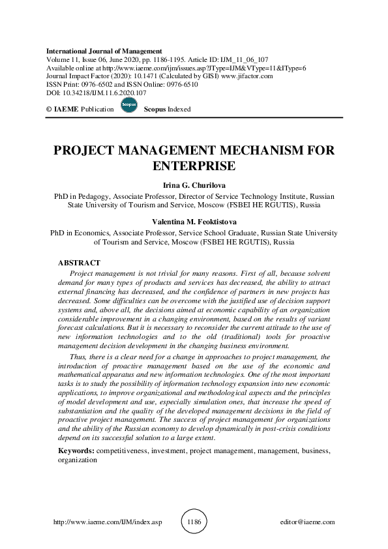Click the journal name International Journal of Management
pyautogui.click(x=104, y=50)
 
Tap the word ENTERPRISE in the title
pyautogui.click(x=194, y=166)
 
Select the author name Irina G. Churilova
pyautogui.click(x=194, y=185)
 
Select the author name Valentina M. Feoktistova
pyautogui.click(x=194, y=222)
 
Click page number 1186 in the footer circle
pyautogui.click(x=194, y=522)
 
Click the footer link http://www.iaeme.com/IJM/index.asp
pyautogui.click(x=106, y=522)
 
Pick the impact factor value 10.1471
pyautogui.click(x=144, y=76)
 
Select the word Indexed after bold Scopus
pyautogui.click(x=178, y=109)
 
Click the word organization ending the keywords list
pyautogui.click(x=78, y=459)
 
